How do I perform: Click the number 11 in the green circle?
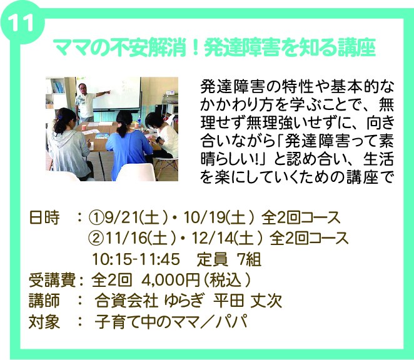pyautogui.click(x=22, y=22)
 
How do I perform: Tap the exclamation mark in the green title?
pyautogui.click(x=196, y=47)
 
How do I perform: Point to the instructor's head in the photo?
pyautogui.click(x=83, y=88)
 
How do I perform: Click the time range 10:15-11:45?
pyautogui.click(x=136, y=259)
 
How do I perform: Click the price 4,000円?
pyautogui.click(x=171, y=280)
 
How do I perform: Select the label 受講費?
pyautogui.click(x=52, y=280)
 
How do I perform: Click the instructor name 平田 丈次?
pyautogui.click(x=248, y=301)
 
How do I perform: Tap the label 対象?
pyautogui.click(x=44, y=322)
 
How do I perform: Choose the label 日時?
pyautogui.click(x=44, y=217)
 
